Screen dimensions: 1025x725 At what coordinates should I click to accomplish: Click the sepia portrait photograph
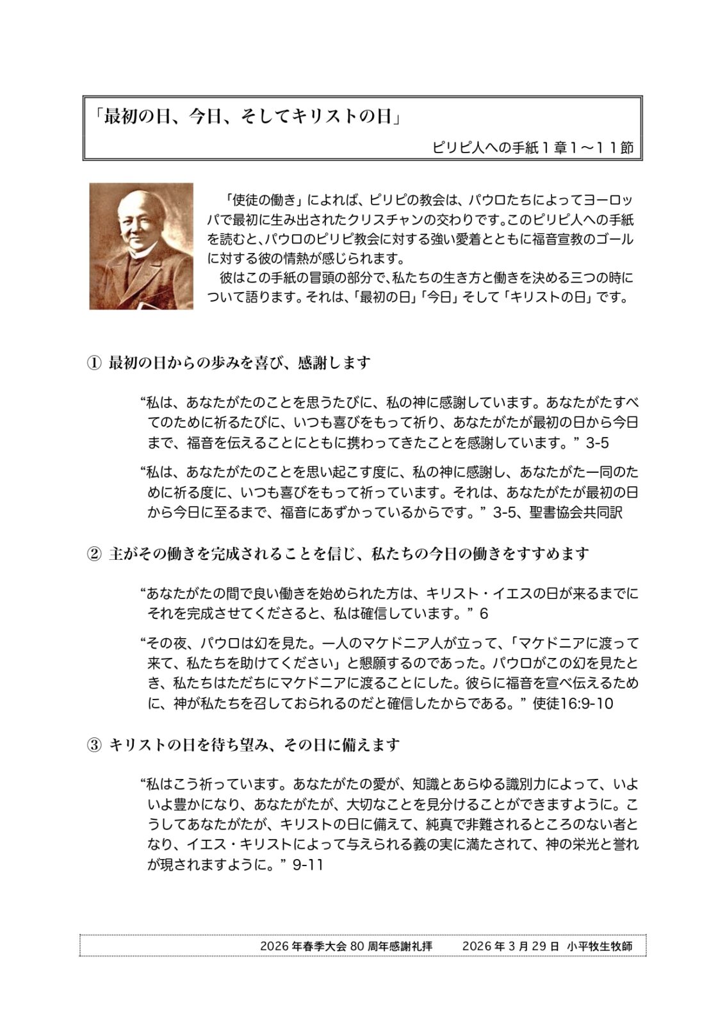pos(141,246)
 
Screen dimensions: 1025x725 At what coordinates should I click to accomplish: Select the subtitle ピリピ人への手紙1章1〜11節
pos(533,148)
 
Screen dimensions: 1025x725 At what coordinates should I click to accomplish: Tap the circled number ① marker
pos(94,363)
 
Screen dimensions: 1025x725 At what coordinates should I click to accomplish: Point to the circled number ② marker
pos(94,553)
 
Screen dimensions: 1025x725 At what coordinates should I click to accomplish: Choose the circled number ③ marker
pos(94,744)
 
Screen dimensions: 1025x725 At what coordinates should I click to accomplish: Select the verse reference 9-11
pos(307,864)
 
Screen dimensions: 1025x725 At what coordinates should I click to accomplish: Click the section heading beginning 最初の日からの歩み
pos(240,363)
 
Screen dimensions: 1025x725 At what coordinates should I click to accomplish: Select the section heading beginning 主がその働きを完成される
pos(348,553)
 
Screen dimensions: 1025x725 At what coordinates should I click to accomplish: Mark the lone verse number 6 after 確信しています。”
pos(484,614)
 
